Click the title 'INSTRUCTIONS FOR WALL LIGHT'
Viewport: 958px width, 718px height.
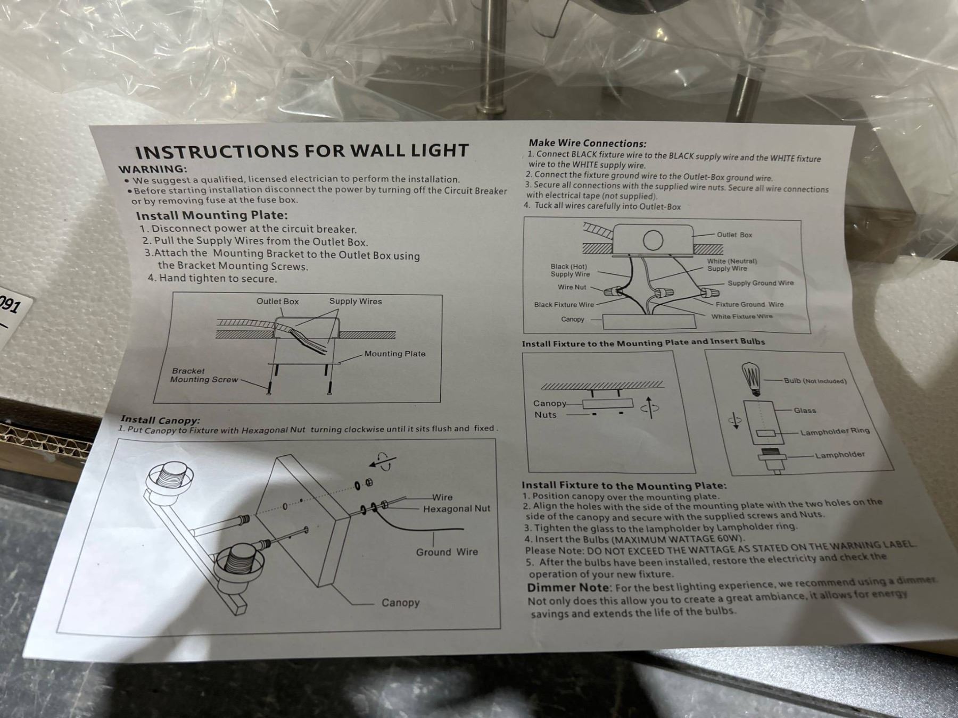pyautogui.click(x=302, y=151)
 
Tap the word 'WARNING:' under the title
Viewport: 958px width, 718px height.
pyautogui.click(x=153, y=169)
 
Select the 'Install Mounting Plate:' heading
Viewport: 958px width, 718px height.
pyautogui.click(x=212, y=215)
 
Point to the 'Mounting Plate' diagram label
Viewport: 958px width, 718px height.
pyautogui.click(x=395, y=354)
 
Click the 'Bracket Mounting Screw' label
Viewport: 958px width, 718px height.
pyautogui.click(x=204, y=375)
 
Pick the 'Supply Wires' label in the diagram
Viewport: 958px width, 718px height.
pyautogui.click(x=356, y=301)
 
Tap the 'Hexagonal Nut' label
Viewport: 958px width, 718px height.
pyautogui.click(x=457, y=509)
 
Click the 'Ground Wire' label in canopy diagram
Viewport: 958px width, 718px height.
pyautogui.click(x=447, y=552)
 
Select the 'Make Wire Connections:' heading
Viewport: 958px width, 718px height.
pyautogui.click(x=588, y=143)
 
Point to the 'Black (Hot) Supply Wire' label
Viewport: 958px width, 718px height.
pyautogui.click(x=570, y=270)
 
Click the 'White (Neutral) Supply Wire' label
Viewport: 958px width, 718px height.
pyautogui.click(x=732, y=265)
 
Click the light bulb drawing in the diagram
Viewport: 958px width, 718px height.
pyautogui.click(x=752, y=379)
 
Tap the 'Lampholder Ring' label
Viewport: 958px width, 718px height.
pyautogui.click(x=835, y=431)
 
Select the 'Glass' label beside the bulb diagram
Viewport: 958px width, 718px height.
pyautogui.click(x=805, y=410)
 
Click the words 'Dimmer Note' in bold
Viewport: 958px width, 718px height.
pyautogui.click(x=568, y=588)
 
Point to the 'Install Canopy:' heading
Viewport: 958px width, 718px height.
pyautogui.click(x=160, y=420)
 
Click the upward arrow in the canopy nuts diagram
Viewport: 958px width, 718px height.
pyautogui.click(x=649, y=407)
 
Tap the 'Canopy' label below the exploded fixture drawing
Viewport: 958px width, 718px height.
pyautogui.click(x=400, y=603)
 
